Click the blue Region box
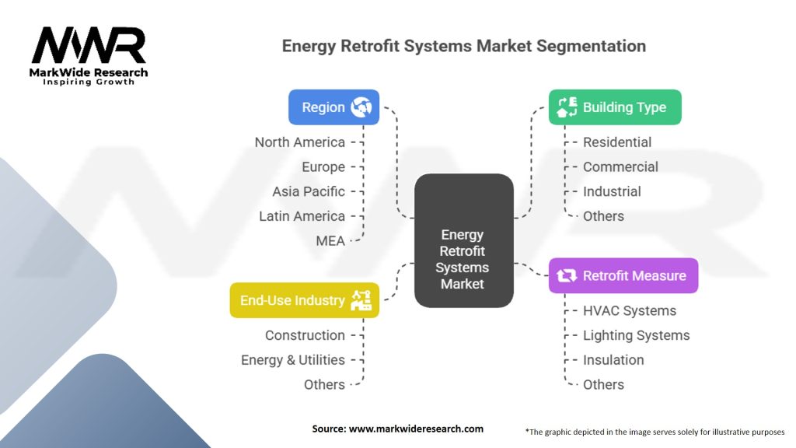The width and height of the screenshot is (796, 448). coord(333,107)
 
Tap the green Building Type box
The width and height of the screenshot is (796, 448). coord(615,107)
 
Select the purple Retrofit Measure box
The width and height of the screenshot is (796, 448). coord(623,276)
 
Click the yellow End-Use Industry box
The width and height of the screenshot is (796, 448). coord(305,300)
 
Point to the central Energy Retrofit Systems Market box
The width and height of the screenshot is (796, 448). coord(464,240)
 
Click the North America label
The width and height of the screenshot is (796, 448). coord(299,142)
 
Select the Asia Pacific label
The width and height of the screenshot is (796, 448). coord(308,191)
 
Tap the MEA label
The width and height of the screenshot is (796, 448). coord(330,241)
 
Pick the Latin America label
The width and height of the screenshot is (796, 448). coord(302,216)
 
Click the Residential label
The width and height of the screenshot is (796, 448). coord(616,142)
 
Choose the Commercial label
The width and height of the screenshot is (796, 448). coord(620,167)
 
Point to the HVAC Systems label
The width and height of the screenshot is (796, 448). coord(630,311)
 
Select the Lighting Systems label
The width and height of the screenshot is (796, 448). coord(636,335)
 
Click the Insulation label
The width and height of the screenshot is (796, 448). coord(613,360)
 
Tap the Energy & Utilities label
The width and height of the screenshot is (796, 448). coord(293,360)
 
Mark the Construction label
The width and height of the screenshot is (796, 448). coord(305,335)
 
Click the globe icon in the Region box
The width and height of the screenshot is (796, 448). coord(361,107)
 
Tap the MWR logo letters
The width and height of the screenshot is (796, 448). coord(89,45)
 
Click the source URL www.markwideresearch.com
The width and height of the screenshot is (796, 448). coord(416,429)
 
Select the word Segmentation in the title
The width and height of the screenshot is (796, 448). coord(591,46)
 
